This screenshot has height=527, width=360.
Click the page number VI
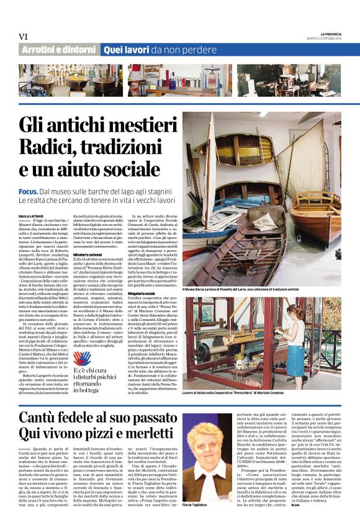click(x=24, y=37)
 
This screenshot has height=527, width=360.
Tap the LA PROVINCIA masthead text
click(x=322, y=33)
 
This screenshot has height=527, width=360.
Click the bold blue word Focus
click(x=28, y=193)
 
